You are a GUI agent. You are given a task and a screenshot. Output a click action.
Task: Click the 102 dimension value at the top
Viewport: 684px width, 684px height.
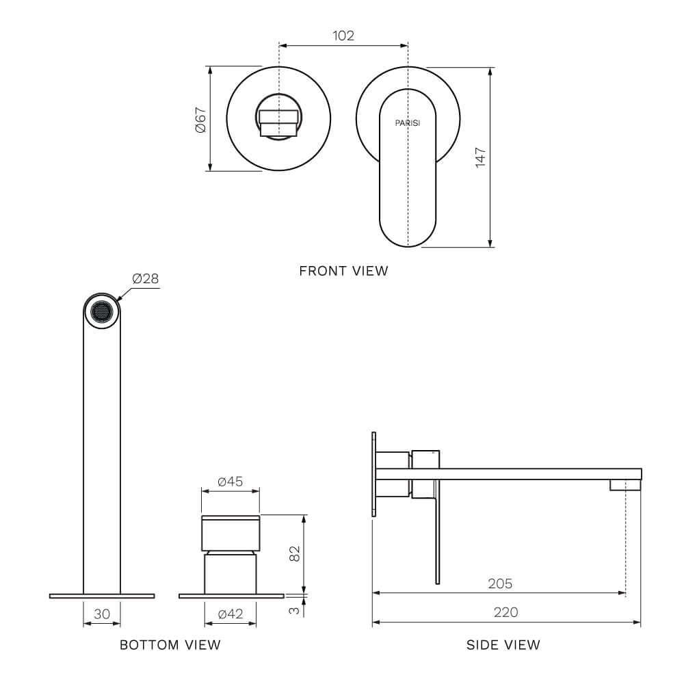pos(343,36)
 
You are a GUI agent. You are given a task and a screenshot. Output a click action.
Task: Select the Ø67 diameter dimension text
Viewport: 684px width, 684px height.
pos(200,119)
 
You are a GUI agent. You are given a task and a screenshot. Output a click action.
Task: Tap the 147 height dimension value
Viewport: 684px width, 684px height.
pos(480,157)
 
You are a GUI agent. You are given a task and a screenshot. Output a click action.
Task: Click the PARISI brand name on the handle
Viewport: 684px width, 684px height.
pos(408,123)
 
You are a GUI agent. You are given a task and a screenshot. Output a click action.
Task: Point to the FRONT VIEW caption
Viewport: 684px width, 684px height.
pos(343,271)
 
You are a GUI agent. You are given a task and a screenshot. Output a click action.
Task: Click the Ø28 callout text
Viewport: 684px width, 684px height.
pos(145,278)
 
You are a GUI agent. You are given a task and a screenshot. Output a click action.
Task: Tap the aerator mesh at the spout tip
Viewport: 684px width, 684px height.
pos(102,311)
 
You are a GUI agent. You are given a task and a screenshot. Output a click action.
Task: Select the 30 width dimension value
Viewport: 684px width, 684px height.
pos(102,614)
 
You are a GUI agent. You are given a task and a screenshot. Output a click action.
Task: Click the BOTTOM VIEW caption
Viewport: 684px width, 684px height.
pos(170,644)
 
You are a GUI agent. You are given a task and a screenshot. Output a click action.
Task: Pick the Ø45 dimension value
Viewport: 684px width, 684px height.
pos(231,482)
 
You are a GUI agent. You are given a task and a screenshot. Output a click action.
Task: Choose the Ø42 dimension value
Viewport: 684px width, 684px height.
pos(231,614)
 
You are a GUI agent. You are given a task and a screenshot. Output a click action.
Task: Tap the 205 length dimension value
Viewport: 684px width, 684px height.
pos(499,583)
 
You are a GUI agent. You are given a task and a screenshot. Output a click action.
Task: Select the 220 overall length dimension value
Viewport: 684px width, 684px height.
pos(506,612)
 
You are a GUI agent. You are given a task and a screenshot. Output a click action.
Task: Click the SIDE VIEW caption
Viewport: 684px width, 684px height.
pos(503,644)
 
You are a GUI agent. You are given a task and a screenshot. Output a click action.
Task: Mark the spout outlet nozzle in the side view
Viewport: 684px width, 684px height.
pos(625,484)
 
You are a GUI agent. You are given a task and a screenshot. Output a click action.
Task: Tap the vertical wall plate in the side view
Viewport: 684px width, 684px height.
pos(373,474)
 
